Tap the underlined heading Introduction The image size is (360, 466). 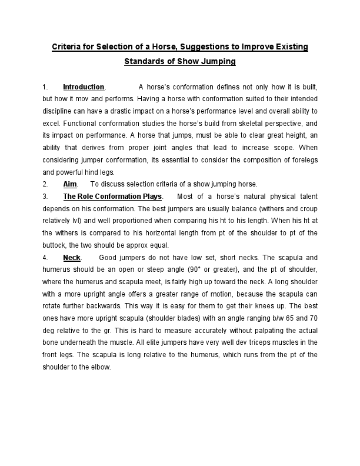[84, 87]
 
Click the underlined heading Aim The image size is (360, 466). [70, 184]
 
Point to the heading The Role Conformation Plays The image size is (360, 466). [112, 196]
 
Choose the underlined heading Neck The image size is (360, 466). [72, 258]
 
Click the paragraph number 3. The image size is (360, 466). [45, 196]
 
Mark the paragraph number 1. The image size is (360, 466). [45, 87]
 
